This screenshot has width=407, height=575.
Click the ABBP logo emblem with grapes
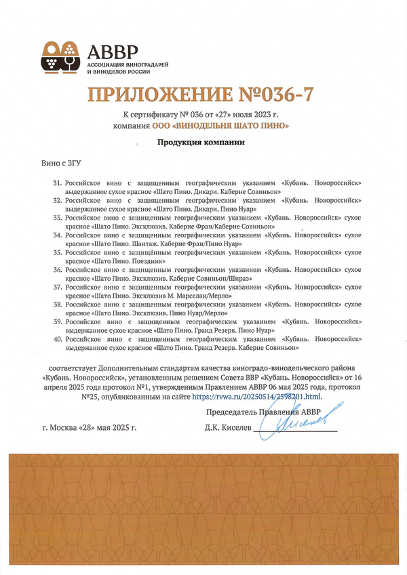point(62,56)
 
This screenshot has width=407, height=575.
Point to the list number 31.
point(57,184)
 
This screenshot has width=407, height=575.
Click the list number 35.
point(57,252)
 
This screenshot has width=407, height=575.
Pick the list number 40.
point(57,337)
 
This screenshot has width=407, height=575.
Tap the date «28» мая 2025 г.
point(108,429)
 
